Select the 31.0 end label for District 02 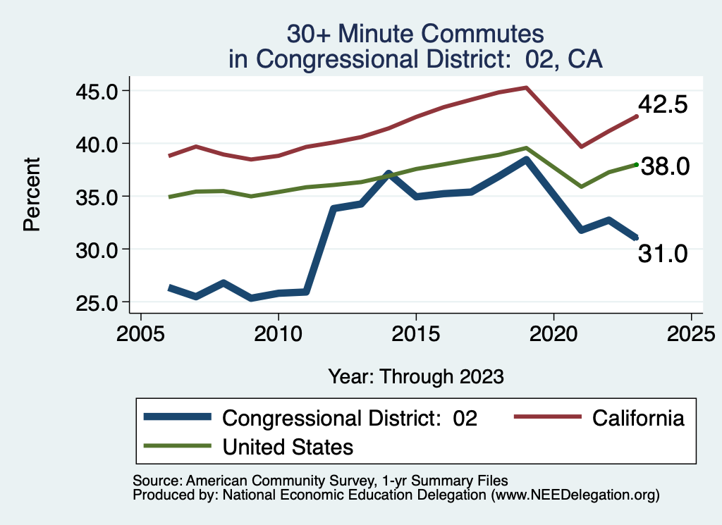coord(662,254)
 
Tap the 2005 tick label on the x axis coord(140,331)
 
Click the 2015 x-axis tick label coord(416,331)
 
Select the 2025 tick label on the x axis coord(691,331)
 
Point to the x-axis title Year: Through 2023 coord(416,376)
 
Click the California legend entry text coord(638,418)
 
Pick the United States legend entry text coord(288,447)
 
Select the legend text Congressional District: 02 coord(350,418)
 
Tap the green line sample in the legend coord(177,446)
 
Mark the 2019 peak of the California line coord(526,87)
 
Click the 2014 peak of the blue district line coord(388,173)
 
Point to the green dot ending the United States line coord(636,165)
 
